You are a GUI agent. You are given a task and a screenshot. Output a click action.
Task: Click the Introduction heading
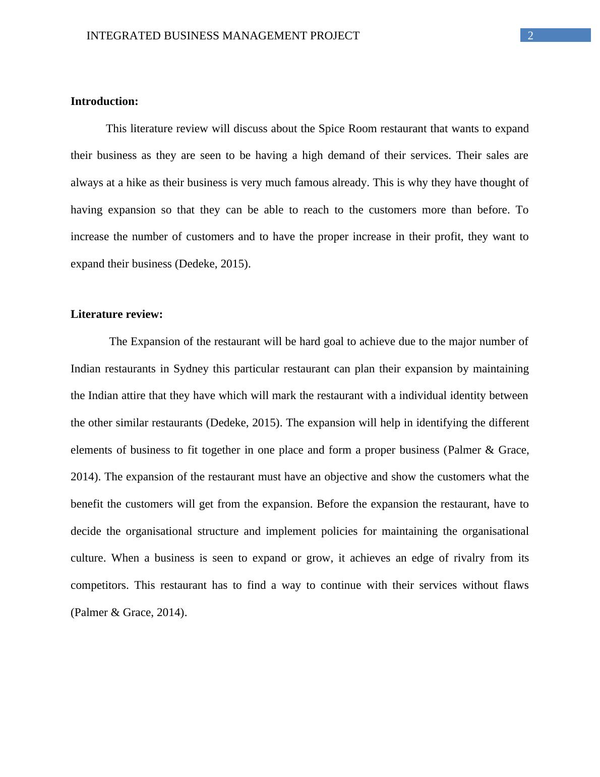pyautogui.click(x=104, y=101)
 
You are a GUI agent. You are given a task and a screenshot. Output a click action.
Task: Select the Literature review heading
pyautogui.click(x=116, y=314)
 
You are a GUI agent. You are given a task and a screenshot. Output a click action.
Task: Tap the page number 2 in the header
pyautogui.click(x=530, y=36)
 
